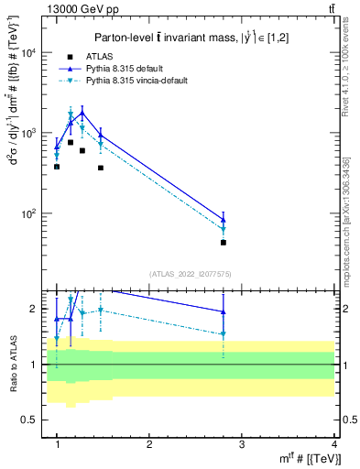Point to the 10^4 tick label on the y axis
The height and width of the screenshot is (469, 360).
pos(30,53)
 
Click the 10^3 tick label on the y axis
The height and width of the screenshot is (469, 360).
pos(30,134)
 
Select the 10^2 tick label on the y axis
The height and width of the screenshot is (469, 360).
pos(30,213)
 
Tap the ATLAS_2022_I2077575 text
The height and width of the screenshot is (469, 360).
pos(191,274)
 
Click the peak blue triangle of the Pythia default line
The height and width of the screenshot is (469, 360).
pos(82,113)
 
